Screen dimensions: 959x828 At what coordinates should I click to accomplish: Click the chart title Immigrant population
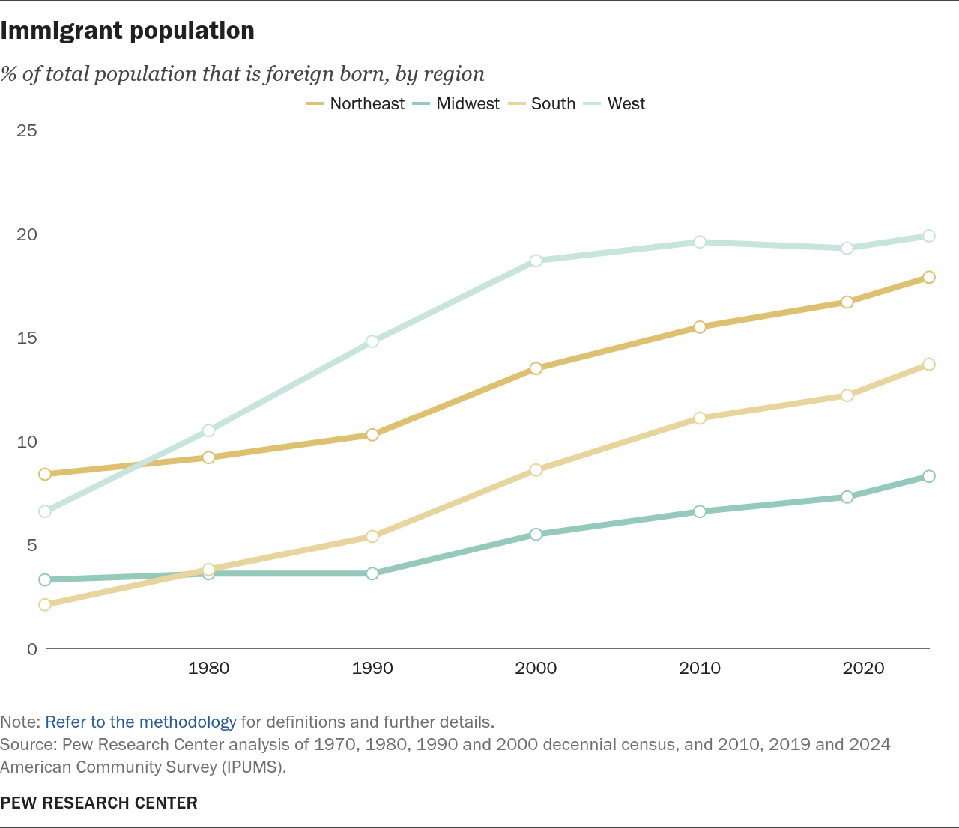[127, 31]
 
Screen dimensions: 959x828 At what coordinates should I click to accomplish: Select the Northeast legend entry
[355, 103]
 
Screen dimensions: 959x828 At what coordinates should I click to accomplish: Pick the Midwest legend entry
[456, 103]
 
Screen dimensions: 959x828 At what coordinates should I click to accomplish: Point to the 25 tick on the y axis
[26, 131]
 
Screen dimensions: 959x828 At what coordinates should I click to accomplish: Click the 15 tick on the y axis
[26, 338]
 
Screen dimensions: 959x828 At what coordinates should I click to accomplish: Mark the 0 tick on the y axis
[31, 649]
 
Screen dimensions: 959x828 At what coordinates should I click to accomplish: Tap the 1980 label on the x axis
[209, 668]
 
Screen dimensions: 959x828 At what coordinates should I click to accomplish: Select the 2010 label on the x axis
[700, 668]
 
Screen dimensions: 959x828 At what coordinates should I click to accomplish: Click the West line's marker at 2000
[536, 261]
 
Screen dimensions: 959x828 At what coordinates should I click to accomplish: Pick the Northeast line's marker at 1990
[372, 435]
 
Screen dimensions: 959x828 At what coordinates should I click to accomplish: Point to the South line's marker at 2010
[700, 418]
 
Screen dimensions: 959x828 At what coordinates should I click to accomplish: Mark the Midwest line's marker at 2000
[536, 534]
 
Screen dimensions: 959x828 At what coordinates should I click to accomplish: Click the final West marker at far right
[929, 236]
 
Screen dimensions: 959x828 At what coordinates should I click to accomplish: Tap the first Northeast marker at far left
[45, 474]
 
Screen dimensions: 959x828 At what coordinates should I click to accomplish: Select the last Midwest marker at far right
[929, 476]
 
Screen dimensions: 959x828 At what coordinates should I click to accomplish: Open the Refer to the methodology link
[141, 722]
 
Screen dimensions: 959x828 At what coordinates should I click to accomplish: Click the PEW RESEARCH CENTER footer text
[99, 803]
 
